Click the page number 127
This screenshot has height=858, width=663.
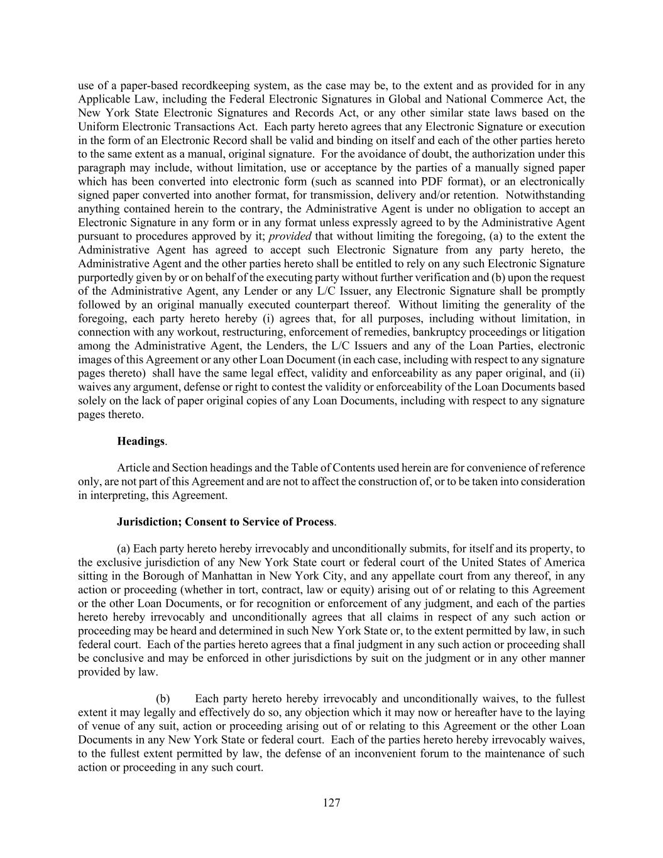point(331,802)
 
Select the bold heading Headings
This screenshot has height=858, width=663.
point(140,441)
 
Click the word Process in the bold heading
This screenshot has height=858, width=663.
point(315,522)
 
